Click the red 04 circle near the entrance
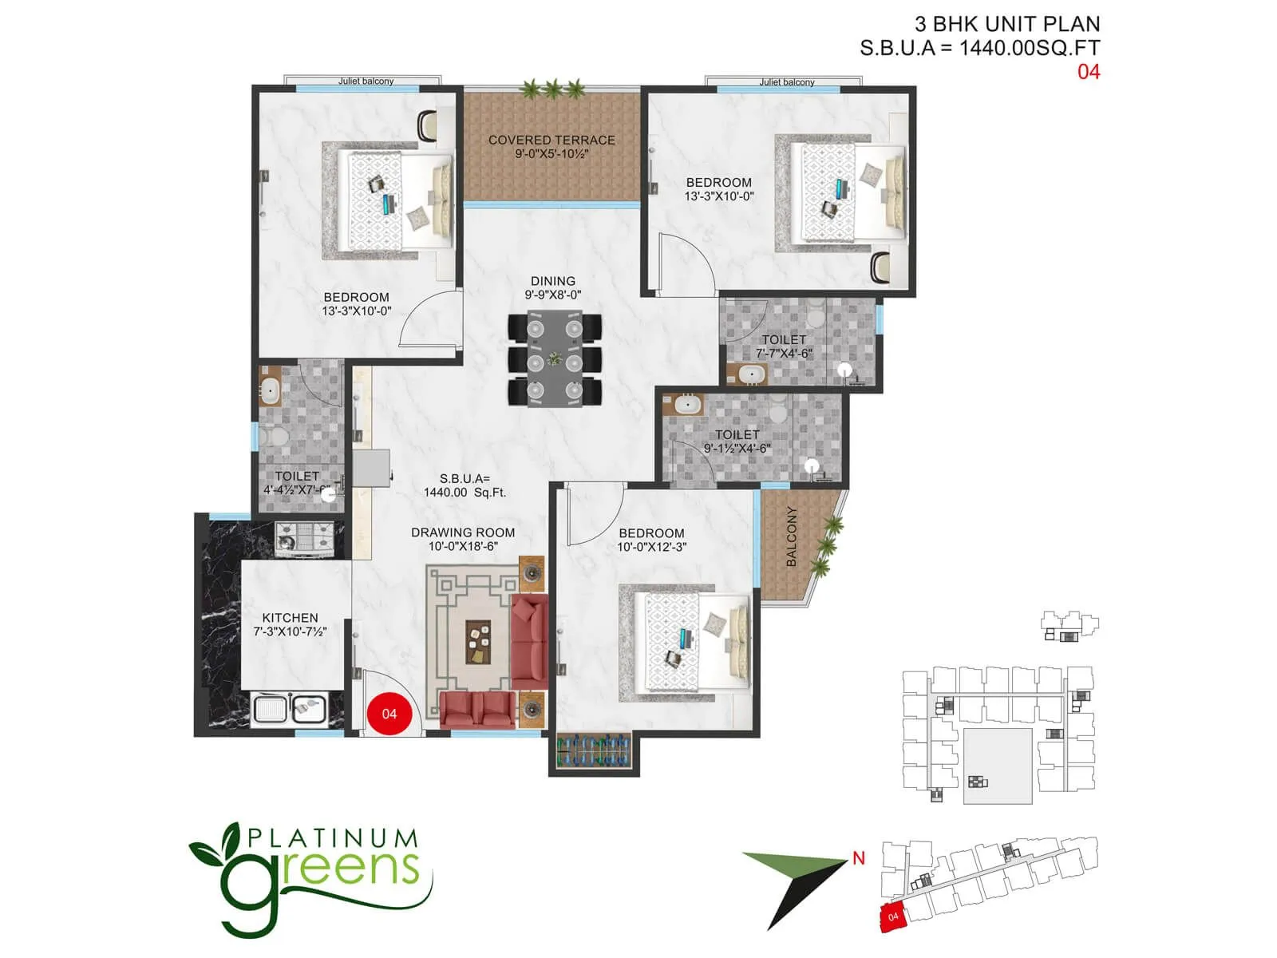[389, 713]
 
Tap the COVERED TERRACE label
[552, 140]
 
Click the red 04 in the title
[1089, 72]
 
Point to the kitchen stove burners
[303, 537]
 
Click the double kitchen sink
[289, 709]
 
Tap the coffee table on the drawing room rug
[479, 641]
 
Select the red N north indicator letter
[859, 859]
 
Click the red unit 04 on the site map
[893, 917]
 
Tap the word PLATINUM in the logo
[332, 838]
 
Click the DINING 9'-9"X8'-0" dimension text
[552, 295]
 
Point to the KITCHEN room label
[290, 617]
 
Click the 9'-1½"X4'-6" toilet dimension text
[737, 449]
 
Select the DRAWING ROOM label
[463, 532]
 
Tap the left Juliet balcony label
[366, 81]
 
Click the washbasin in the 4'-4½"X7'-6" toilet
[270, 391]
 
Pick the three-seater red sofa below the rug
[478, 709]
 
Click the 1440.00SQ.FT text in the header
[1029, 48]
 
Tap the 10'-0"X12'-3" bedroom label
[651, 547]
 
